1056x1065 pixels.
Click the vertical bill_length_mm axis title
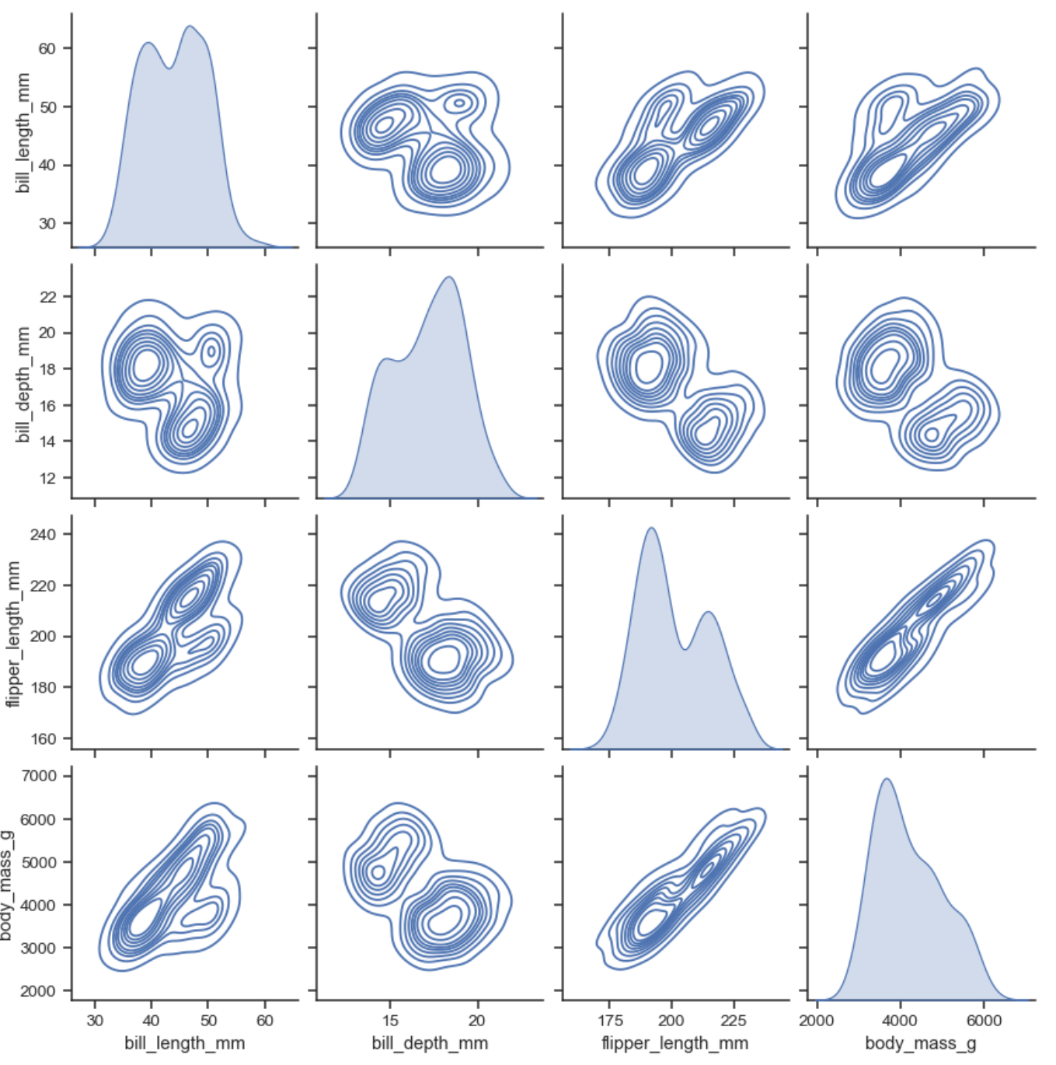23,133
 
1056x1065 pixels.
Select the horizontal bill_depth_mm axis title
430,1043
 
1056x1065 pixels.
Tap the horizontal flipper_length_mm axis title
674,1043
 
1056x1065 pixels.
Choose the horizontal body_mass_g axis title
921,1043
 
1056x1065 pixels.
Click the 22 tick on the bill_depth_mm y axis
48,297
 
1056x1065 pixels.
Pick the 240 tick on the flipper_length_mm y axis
43,535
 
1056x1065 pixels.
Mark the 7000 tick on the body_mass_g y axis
39,776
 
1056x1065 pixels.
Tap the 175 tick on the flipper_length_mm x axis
610,1020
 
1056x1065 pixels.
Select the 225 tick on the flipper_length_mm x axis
734,1020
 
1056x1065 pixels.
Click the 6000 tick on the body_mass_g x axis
984,1020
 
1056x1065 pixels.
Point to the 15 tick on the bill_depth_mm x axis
390,1020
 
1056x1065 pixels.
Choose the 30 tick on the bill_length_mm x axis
95,1020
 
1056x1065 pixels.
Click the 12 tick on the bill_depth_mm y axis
48,477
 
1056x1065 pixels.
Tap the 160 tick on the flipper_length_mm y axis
43,739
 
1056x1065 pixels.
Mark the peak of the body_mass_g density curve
886,779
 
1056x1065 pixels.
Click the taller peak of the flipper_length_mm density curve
651,529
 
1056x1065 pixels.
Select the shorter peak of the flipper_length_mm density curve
709,613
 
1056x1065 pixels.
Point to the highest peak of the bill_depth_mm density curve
448,278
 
